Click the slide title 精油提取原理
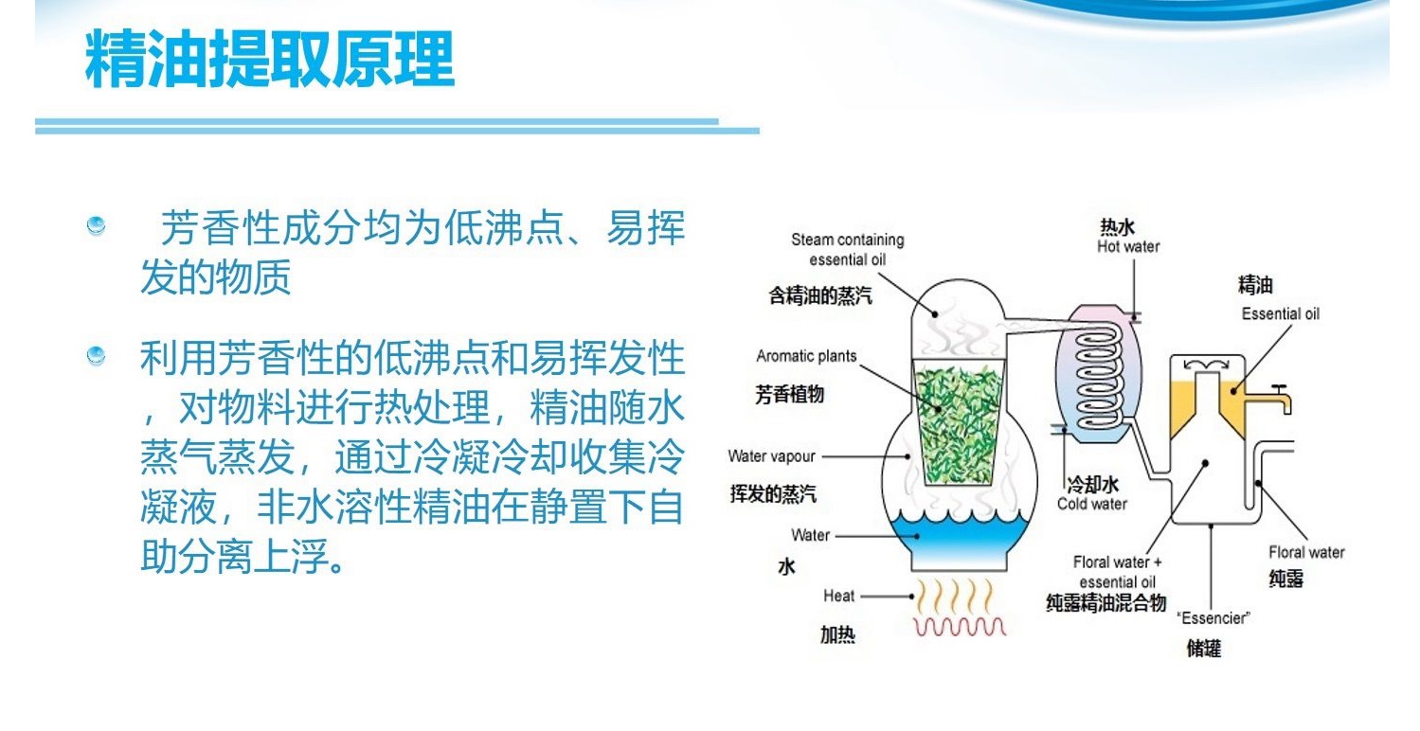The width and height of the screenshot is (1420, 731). pos(269,59)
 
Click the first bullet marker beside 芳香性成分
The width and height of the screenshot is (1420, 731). pos(96,225)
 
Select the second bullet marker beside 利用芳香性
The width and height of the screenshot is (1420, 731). pos(96,355)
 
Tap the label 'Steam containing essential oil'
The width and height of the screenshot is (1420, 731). pos(848,250)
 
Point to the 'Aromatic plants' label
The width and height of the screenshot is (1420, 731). pos(806,356)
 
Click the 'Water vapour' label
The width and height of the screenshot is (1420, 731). pos(771,456)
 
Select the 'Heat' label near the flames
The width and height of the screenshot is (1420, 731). pos(838,597)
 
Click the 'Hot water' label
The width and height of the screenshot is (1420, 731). pos(1128,246)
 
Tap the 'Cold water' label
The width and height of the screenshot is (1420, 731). pos(1091,505)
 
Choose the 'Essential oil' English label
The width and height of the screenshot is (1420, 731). pos(1280,313)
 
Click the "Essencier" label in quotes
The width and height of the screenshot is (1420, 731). pos(1213,618)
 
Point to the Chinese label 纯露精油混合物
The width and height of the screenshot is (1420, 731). pos(1105,602)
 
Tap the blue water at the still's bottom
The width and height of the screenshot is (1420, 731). pos(959,539)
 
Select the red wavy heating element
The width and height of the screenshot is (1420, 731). pos(959,627)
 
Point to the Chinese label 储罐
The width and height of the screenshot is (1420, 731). pos(1203,648)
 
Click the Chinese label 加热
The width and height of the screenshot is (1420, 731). pos(837,634)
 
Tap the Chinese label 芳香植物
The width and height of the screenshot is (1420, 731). pos(789,394)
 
